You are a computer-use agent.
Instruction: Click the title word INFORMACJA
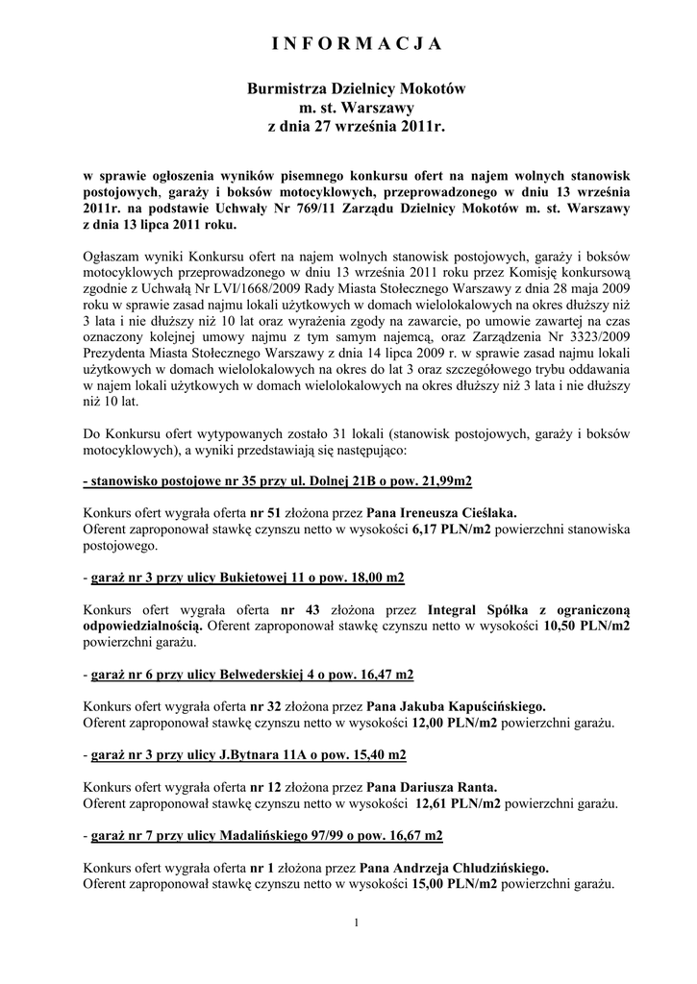tap(356, 44)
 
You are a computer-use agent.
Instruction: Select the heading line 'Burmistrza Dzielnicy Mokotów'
tap(356, 88)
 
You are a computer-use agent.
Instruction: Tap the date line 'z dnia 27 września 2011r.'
tap(356, 126)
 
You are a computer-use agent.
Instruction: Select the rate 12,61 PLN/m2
tap(457, 802)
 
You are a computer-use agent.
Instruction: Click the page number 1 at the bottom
tap(356, 924)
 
